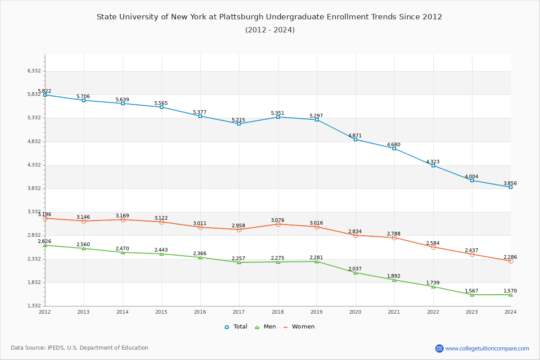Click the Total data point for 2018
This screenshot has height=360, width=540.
(278, 117)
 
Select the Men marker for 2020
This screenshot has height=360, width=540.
(355, 273)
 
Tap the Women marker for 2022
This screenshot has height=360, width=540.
(433, 247)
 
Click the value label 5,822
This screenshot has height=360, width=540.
(45, 91)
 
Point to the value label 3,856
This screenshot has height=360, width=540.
(510, 183)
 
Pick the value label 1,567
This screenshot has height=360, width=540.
(472, 291)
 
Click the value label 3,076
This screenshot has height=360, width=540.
(278, 220)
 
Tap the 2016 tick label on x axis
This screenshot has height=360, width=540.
(200, 312)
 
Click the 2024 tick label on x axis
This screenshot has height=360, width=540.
(510, 312)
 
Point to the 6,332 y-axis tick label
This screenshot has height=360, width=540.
(34, 71)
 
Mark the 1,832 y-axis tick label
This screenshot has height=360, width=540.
(34, 283)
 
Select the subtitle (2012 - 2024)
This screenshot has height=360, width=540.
(270, 30)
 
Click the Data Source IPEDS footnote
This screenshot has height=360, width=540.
(80, 348)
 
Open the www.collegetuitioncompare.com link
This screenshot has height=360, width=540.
(487, 348)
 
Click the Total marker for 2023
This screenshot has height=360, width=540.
(472, 180)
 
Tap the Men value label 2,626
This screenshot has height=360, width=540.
(45, 241)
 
